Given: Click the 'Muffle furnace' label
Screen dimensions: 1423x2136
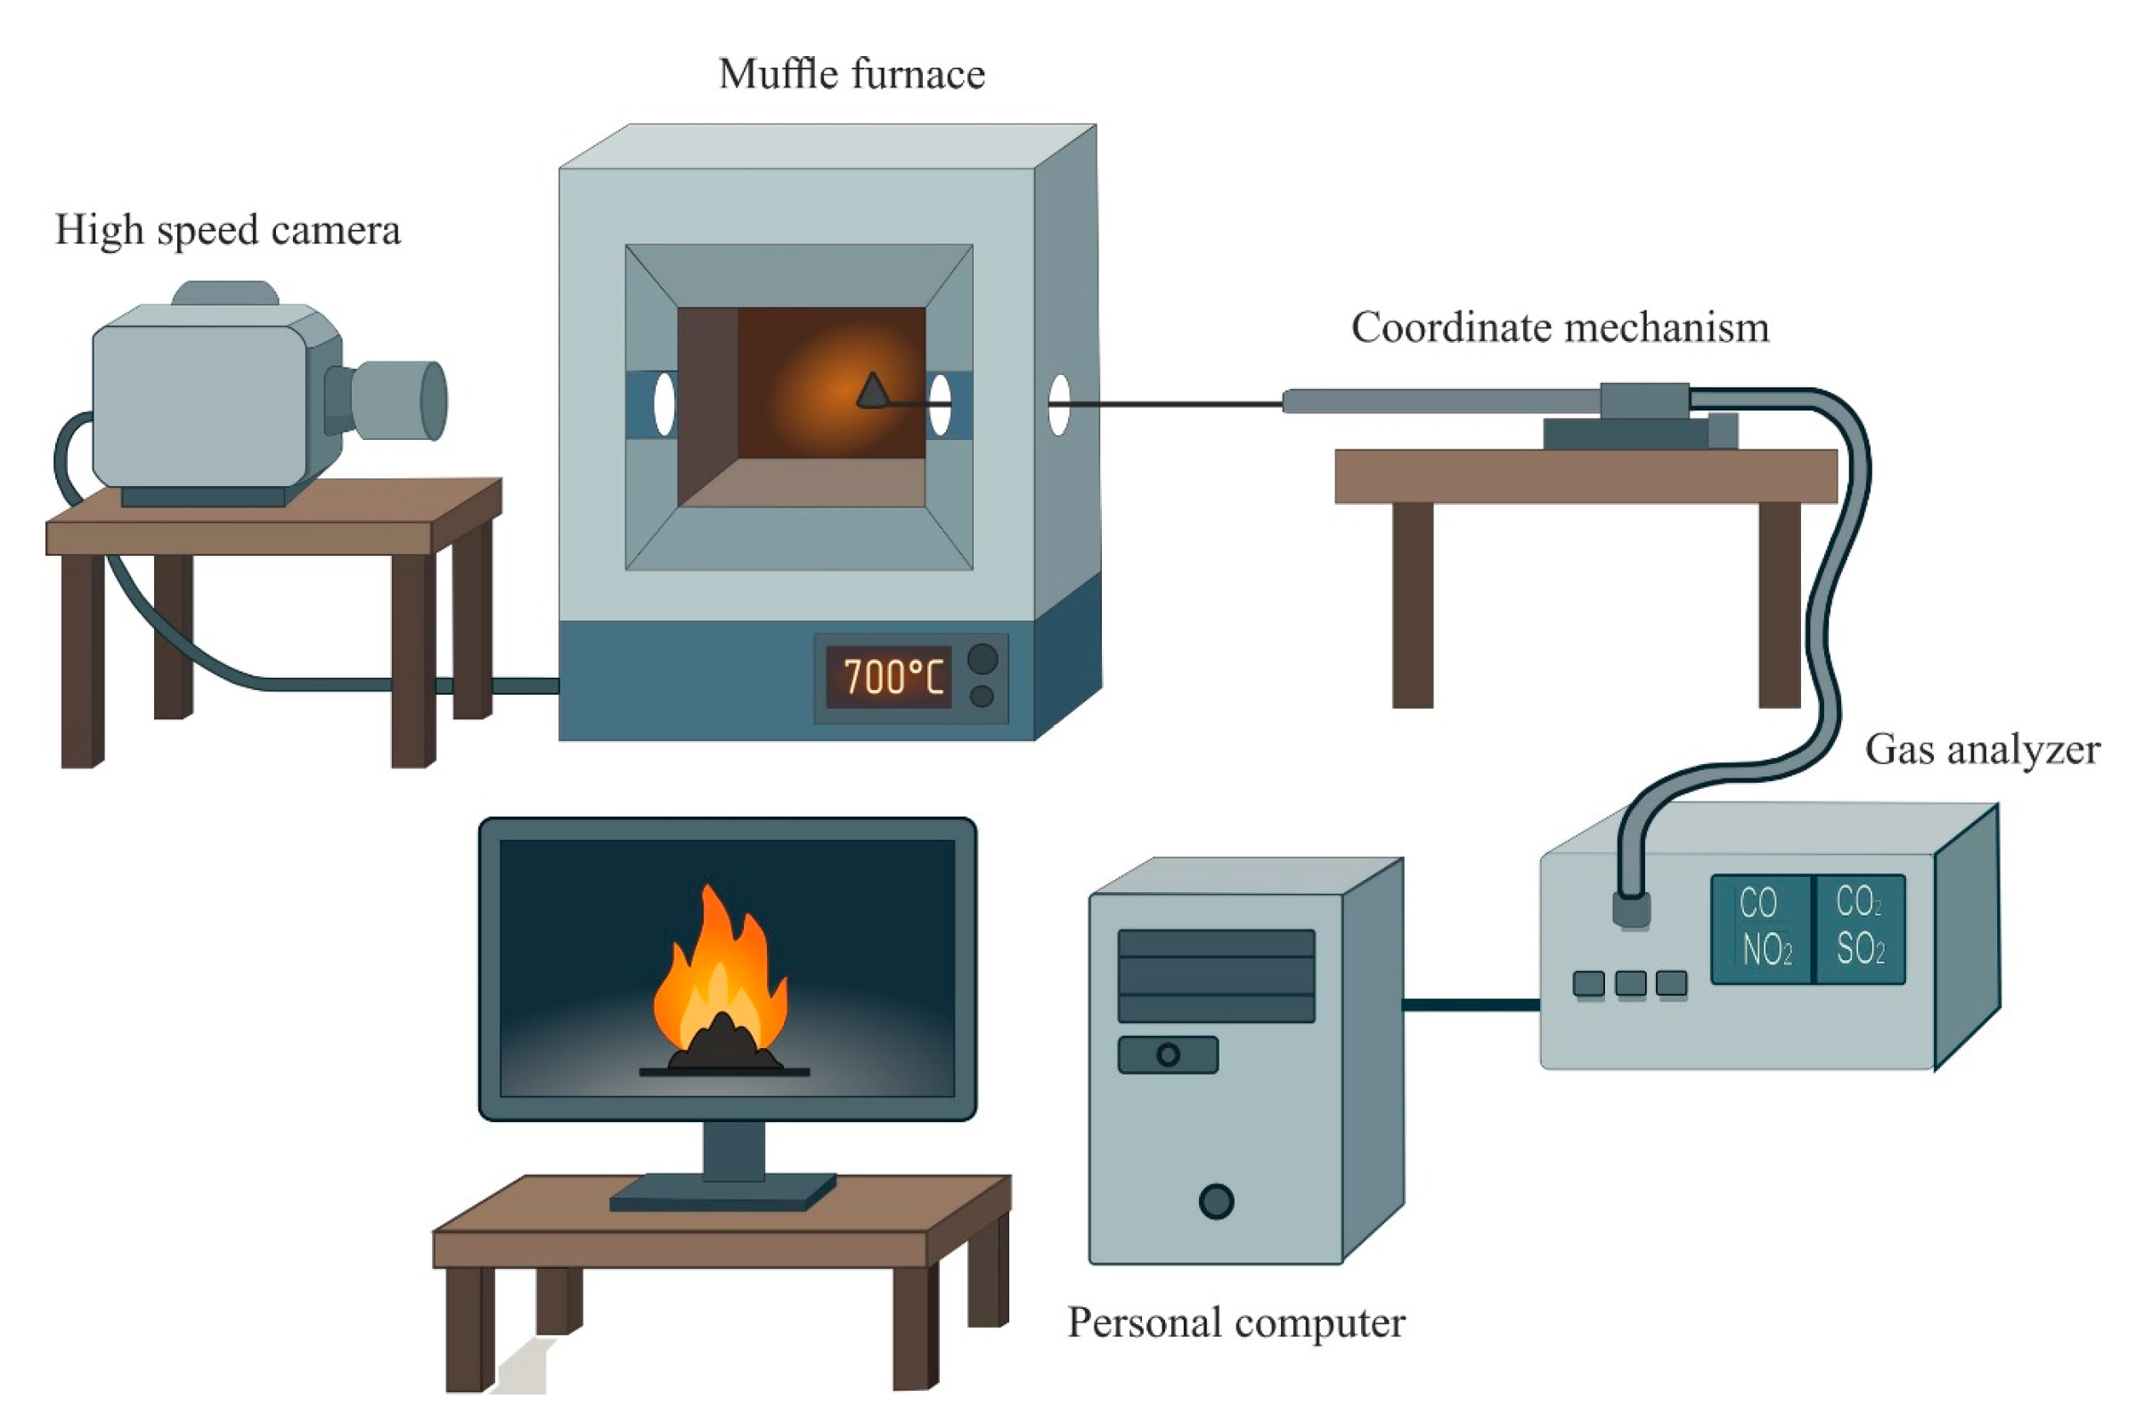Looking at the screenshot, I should coord(851,75).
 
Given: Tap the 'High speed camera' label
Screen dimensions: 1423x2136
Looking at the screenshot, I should coord(227,231).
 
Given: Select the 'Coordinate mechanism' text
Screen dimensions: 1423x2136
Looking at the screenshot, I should coord(1559,328).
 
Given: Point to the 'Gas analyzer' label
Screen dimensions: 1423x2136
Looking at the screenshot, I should coord(1982,751).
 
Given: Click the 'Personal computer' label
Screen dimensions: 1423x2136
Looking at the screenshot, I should coord(1235,1322).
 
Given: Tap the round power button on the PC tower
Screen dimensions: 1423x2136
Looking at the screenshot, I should coord(1216,1200).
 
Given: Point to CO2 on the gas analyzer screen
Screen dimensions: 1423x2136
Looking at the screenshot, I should coord(1857,902).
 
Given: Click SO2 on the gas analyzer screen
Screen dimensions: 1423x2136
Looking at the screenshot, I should coord(1859,949).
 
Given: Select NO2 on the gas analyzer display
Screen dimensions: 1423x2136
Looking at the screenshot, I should coord(1766,950).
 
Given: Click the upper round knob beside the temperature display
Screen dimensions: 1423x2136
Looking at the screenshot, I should coord(982,659).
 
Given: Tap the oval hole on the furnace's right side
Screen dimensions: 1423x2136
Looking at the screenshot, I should coord(1058,404).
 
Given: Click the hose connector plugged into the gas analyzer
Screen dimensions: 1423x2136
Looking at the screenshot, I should coord(1631,908).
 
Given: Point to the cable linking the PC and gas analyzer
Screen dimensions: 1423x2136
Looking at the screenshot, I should coord(1471,1004).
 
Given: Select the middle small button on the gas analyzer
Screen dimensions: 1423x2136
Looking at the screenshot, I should coord(1630,984).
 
